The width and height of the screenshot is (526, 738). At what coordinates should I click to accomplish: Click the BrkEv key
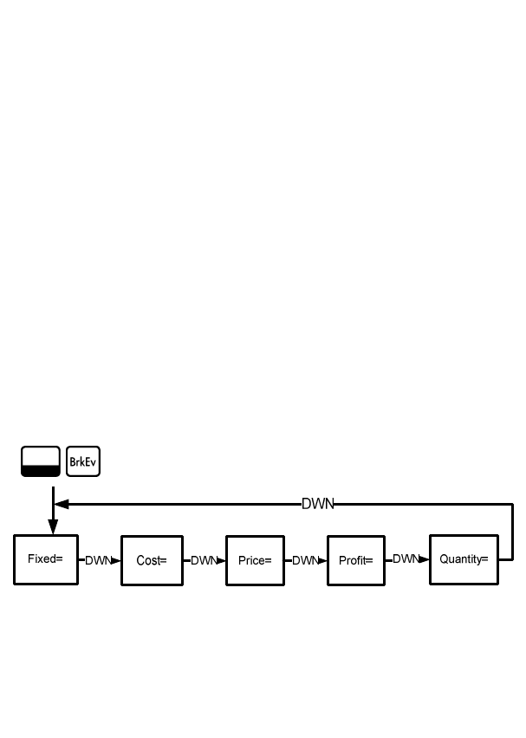[x=83, y=461]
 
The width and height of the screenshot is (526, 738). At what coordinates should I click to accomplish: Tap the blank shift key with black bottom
[x=40, y=461]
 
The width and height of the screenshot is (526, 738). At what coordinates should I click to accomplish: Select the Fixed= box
[x=46, y=559]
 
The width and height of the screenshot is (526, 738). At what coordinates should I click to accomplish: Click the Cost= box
[x=152, y=560]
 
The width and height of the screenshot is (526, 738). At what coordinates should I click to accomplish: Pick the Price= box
[x=255, y=560]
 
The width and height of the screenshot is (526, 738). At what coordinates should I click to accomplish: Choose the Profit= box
[x=355, y=560]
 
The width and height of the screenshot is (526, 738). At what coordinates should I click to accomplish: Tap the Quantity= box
[x=464, y=559]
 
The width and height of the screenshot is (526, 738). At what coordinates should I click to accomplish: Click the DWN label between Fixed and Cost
[x=98, y=560]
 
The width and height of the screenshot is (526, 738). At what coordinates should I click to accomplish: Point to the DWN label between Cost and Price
[x=203, y=560]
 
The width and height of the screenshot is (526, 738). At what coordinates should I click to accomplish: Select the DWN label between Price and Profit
[x=305, y=560]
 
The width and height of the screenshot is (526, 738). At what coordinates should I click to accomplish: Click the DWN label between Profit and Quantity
[x=406, y=559]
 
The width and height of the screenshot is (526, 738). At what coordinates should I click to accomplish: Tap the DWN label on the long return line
[x=317, y=504]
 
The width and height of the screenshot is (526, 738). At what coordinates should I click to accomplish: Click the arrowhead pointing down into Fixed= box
[x=53, y=528]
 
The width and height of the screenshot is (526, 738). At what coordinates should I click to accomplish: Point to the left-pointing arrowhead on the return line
[x=61, y=504]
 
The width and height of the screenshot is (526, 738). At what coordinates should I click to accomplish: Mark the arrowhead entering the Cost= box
[x=116, y=560]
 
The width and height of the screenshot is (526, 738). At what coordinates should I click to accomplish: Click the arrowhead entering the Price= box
[x=221, y=560]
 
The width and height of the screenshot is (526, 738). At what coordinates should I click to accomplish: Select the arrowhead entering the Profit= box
[x=322, y=560]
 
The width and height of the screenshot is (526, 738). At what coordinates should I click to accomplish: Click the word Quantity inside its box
[x=459, y=559]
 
